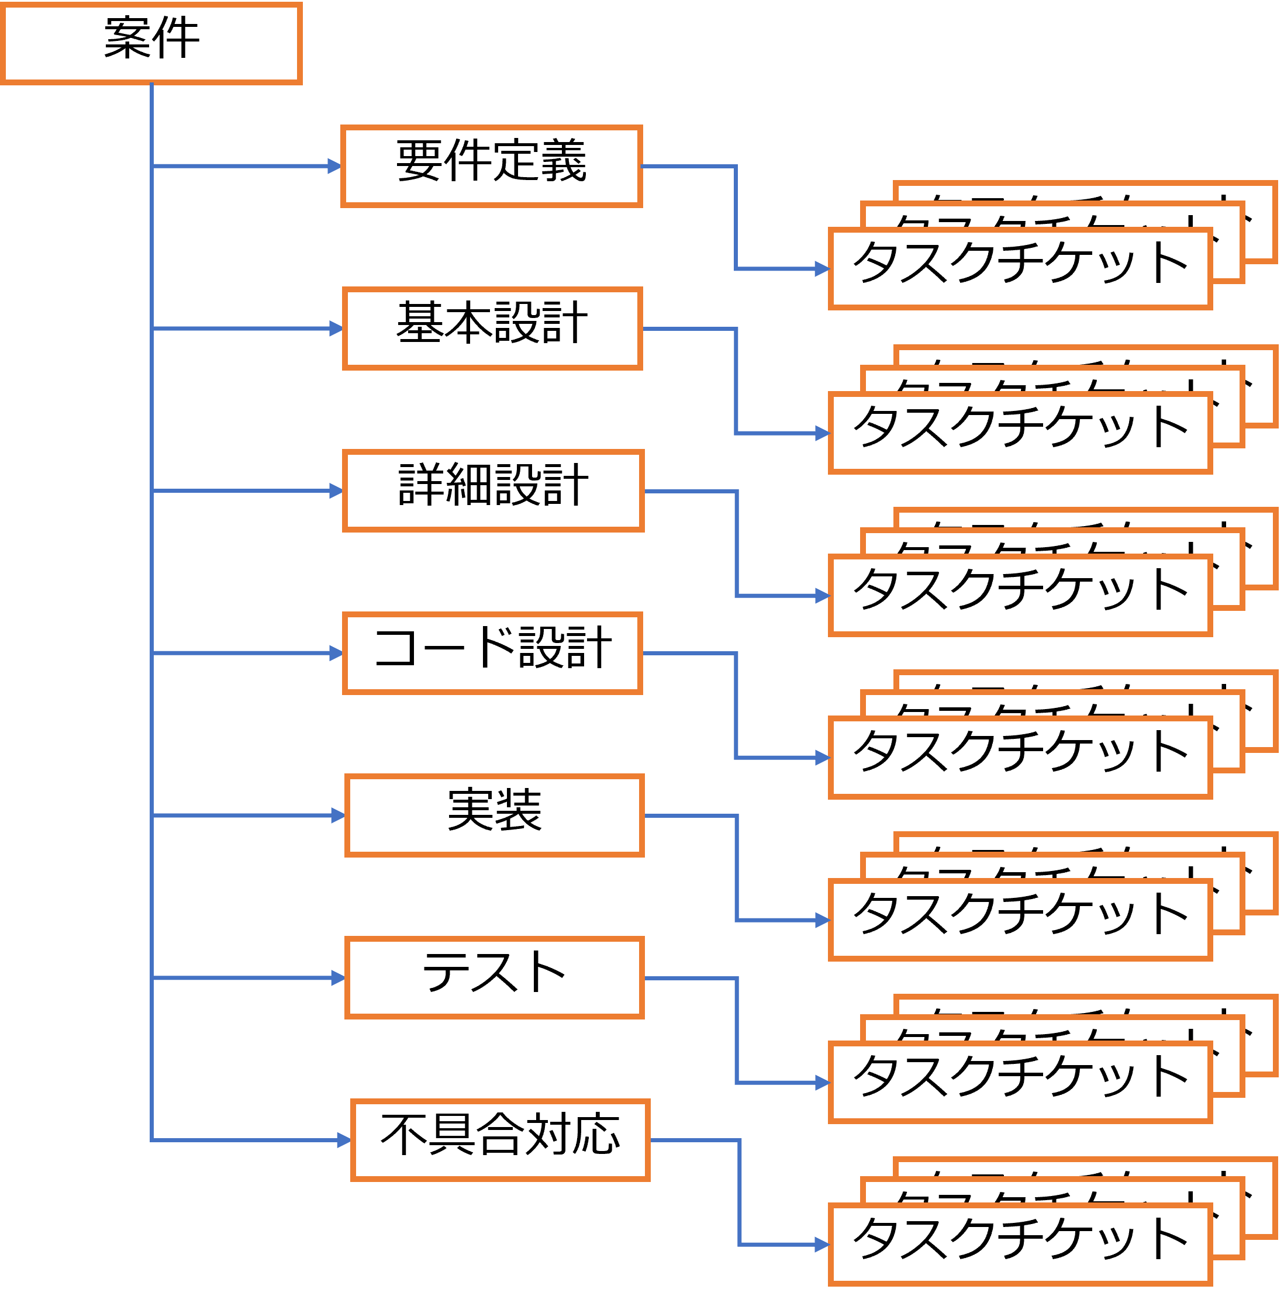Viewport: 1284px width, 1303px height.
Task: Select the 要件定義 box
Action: pos(492,166)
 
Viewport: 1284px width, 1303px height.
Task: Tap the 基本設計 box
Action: pos(492,329)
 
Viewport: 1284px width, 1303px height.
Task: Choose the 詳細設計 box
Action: pos(493,490)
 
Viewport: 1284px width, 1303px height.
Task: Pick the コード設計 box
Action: pos(492,652)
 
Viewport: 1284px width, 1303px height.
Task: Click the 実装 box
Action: pos(494,815)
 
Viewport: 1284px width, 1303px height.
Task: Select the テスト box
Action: pos(494,977)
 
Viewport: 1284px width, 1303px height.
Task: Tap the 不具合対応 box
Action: pos(500,1140)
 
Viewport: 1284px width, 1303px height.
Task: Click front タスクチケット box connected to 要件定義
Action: pos(1020,268)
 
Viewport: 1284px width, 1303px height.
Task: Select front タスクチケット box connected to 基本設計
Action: pos(1020,433)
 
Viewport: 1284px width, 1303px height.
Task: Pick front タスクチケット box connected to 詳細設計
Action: pos(1020,595)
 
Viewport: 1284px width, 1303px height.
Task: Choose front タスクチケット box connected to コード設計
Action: pos(1020,758)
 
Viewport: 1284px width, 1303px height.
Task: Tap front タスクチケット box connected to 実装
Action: pos(1020,920)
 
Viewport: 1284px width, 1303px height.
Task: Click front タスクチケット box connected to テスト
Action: pos(1020,1082)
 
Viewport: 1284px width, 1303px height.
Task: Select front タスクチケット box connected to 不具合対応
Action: pos(1020,1245)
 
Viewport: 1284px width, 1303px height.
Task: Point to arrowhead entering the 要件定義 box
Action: pos(334,166)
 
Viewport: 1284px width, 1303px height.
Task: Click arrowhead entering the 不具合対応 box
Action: pos(344,1140)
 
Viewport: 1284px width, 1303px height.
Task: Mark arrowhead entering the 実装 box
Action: pos(339,815)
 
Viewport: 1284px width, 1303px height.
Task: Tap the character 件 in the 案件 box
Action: pos(176,38)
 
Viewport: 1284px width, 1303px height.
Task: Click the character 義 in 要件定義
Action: pos(563,160)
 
